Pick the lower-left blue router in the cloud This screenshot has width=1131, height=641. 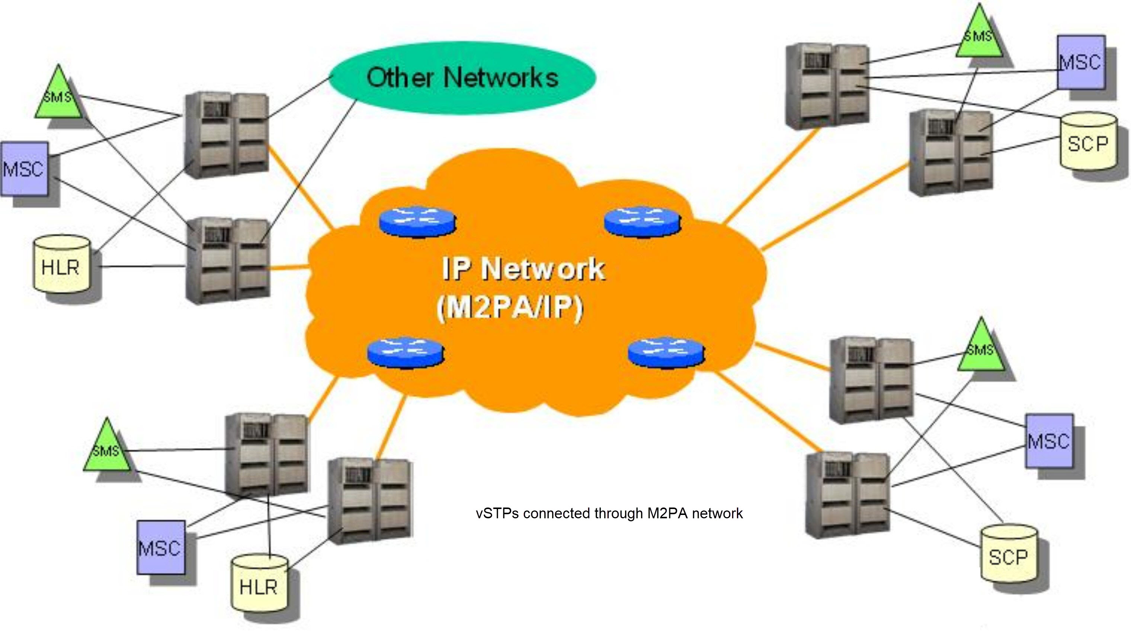coord(405,352)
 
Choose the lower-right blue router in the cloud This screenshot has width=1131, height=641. coord(666,352)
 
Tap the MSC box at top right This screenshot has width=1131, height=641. coord(1081,62)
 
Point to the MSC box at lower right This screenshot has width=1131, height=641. coord(1049,441)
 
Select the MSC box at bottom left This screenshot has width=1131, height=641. coord(160,548)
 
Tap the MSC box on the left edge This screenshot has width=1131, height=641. coord(24,168)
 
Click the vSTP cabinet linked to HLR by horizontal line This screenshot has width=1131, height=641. coord(228,261)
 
